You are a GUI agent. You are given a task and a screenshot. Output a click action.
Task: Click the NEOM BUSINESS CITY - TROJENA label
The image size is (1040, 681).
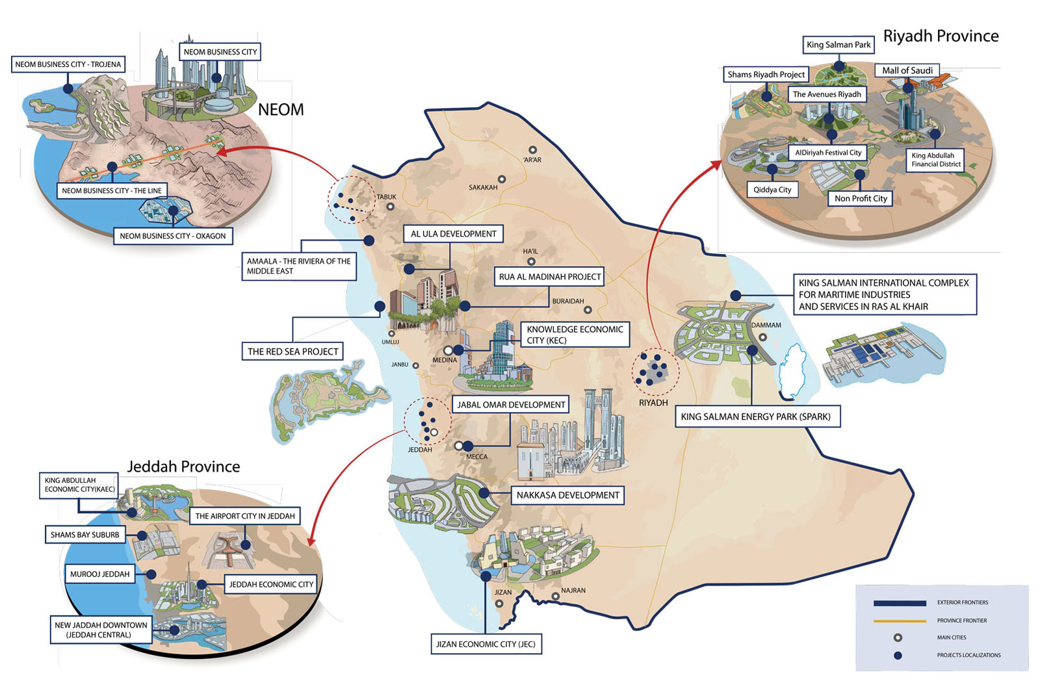point(68,64)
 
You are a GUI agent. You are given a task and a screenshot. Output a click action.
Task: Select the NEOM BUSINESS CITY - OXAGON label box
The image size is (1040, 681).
point(172,236)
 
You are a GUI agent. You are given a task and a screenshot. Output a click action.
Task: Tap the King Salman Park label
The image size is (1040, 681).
point(838,45)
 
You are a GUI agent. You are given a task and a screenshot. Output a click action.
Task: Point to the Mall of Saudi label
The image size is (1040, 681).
point(907,70)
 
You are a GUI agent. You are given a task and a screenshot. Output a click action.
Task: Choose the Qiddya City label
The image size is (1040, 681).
point(772,190)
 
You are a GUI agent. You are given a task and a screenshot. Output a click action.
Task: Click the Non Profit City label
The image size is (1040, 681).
point(861,198)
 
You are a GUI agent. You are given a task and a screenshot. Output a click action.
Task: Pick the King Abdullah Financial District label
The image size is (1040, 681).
point(935,160)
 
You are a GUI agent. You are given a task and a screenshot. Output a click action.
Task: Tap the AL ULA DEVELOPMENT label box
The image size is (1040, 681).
point(453,234)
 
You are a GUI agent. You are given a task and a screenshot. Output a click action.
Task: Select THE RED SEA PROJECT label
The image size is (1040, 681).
point(292,352)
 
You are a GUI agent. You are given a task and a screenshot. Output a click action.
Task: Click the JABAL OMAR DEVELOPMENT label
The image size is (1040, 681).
point(511,405)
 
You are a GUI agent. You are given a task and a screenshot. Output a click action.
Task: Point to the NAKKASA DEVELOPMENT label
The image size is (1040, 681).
point(567,495)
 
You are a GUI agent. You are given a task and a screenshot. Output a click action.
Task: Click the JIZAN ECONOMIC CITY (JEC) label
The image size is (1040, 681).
point(486,644)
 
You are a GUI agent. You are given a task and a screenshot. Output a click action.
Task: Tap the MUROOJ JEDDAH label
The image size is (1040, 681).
point(100,574)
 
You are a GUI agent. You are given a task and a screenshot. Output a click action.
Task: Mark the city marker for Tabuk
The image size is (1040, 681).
point(390,207)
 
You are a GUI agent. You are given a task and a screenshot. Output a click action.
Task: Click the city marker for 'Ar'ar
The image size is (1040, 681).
point(532,150)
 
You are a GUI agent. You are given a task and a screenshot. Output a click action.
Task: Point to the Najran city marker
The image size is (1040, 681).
point(556,597)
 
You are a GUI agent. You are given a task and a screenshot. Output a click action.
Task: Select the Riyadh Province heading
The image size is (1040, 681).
point(941,36)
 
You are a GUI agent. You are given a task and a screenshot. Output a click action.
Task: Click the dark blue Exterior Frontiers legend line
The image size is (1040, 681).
point(900,603)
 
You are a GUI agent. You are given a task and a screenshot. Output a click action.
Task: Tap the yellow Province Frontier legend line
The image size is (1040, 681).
point(900,621)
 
